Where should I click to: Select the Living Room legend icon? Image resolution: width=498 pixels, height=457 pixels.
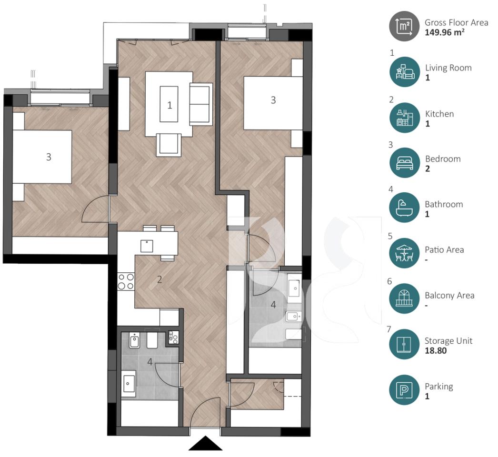[x=404, y=71]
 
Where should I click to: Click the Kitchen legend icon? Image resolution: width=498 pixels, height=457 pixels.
[x=404, y=118]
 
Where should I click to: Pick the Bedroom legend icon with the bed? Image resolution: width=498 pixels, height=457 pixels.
[x=404, y=163]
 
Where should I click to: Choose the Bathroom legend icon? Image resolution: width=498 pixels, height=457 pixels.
[x=404, y=208]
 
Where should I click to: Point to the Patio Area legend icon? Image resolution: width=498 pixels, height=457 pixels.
[x=404, y=253]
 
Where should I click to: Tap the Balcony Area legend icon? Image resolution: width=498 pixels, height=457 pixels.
[x=404, y=298]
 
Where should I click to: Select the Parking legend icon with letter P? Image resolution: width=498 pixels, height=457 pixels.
[x=404, y=390]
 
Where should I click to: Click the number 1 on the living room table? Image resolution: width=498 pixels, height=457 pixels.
[x=169, y=105]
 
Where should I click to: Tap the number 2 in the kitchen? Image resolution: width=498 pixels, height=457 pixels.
[x=159, y=279]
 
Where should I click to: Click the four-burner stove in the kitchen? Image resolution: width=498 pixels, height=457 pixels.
[x=126, y=281]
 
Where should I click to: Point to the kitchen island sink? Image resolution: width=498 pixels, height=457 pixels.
[x=147, y=246]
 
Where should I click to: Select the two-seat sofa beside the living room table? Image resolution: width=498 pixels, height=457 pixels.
[x=200, y=103]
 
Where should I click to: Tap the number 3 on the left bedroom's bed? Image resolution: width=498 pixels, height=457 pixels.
[x=49, y=157]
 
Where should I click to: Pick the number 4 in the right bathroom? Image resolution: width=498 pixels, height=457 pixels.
[x=273, y=304]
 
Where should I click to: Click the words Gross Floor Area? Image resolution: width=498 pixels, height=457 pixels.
[x=456, y=22]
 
